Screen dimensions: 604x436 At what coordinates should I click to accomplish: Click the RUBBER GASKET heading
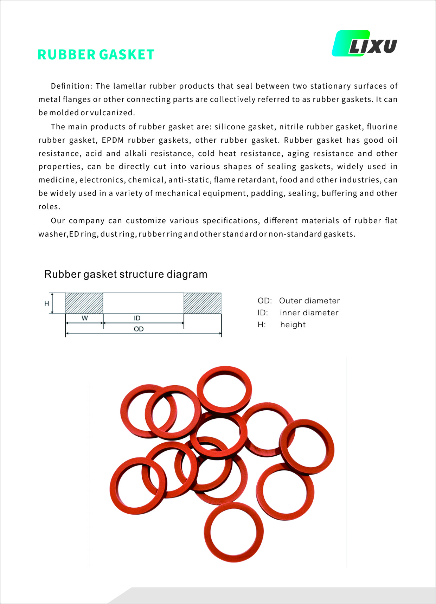[96, 55]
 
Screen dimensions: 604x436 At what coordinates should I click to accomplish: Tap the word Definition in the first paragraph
[71, 86]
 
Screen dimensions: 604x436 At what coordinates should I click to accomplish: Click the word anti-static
[189, 180]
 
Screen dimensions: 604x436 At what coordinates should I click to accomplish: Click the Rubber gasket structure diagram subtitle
[126, 274]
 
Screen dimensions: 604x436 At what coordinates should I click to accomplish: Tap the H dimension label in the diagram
[46, 303]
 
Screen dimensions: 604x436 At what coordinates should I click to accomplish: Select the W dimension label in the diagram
[84, 318]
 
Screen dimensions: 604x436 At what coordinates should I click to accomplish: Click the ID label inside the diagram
[137, 318]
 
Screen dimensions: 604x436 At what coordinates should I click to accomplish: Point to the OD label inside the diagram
[139, 329]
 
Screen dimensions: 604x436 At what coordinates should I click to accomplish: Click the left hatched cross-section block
[84, 303]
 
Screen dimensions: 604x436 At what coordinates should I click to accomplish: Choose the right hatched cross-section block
[202, 303]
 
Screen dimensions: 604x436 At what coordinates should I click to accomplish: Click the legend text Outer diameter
[309, 301]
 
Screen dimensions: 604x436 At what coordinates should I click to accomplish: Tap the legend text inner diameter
[309, 313]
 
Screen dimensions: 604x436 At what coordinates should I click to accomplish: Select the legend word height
[293, 325]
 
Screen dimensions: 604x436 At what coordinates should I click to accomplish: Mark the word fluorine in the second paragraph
[382, 127]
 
